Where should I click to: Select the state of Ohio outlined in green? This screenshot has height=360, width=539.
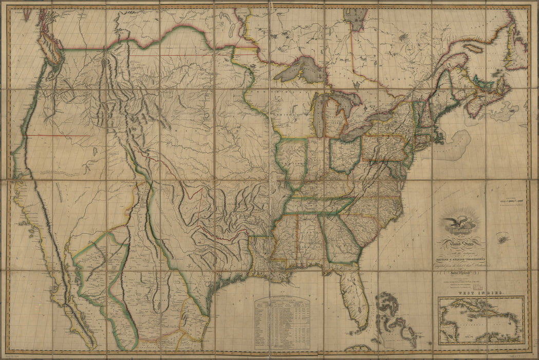pos(344,154)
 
